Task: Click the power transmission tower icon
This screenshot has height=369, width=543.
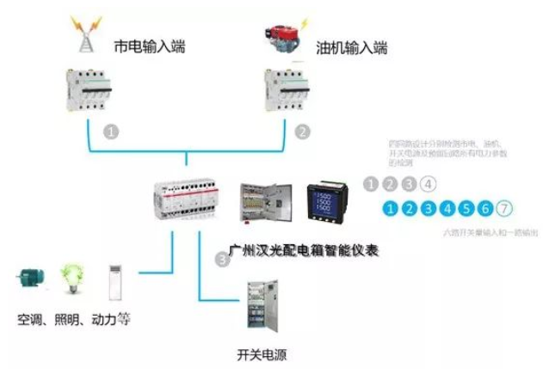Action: coord(89,38)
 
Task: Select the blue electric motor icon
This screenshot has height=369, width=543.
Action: coord(33,279)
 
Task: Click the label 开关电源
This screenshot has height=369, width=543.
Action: coord(260,354)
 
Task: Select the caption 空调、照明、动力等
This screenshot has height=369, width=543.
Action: coord(74,319)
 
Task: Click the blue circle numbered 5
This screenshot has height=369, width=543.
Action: coord(466,207)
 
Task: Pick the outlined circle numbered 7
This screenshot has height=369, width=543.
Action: coord(505,207)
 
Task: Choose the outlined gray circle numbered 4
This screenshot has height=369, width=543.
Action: coord(428,183)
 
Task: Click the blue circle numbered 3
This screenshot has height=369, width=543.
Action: coord(429,207)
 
